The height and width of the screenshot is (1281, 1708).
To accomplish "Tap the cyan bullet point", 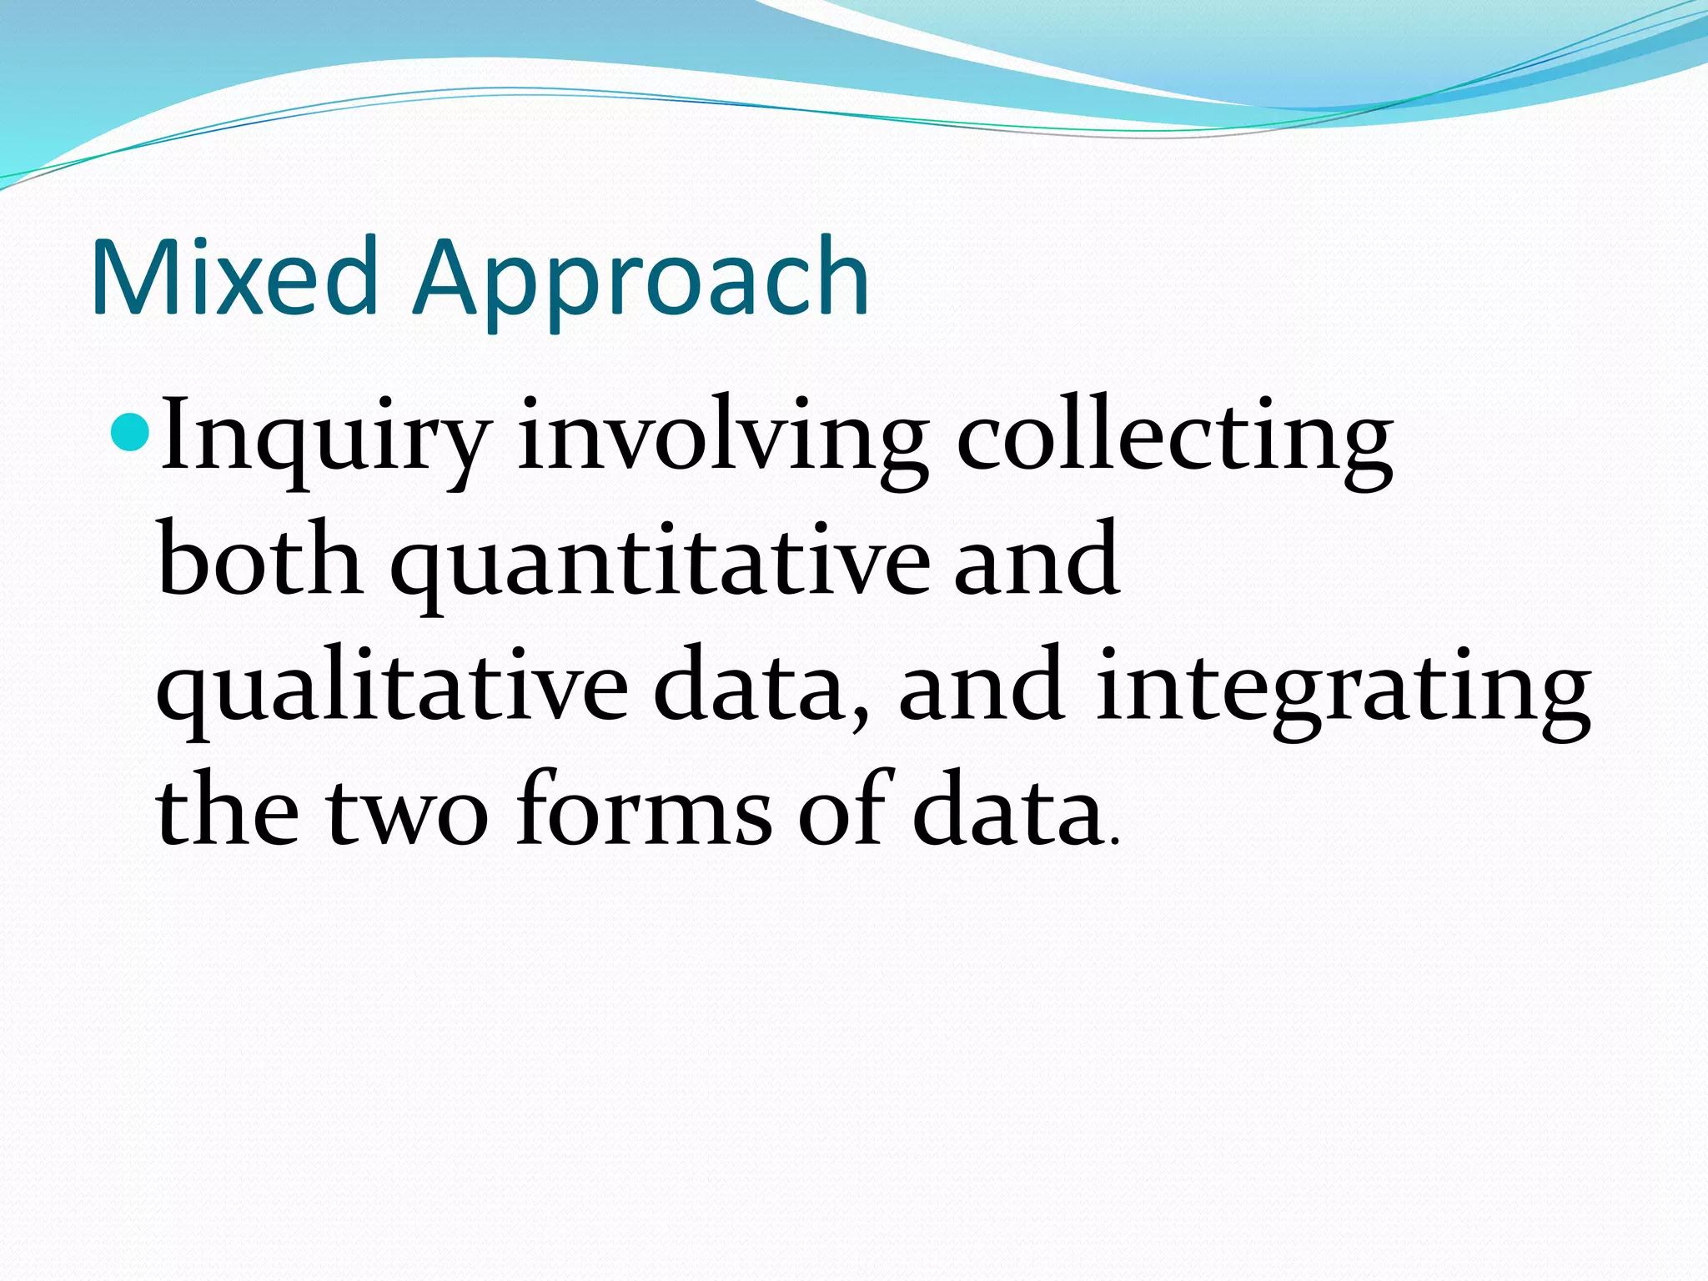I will coord(130,431).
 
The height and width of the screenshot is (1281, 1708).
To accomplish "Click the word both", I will coord(259,559).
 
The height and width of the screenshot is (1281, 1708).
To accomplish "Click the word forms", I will coord(643,809).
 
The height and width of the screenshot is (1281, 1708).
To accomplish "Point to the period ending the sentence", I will coord(1115,842).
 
